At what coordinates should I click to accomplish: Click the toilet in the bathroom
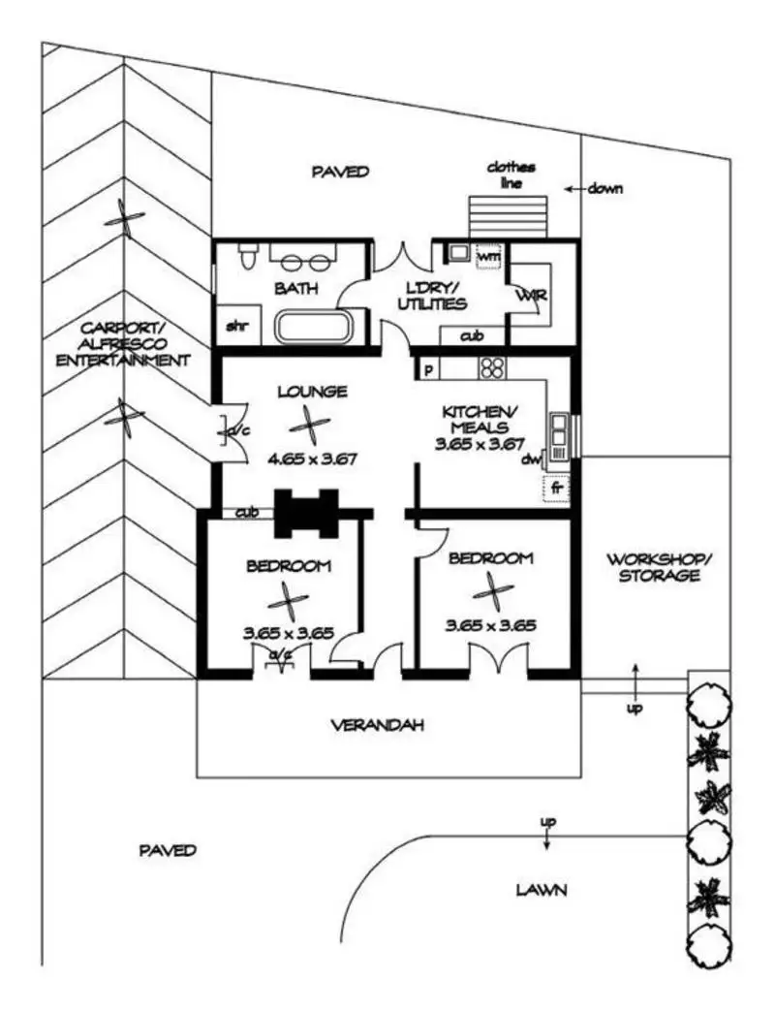[246, 256]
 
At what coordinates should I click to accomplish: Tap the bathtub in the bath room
[314, 327]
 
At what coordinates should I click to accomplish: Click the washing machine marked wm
[488, 256]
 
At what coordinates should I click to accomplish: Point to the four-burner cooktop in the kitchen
[492, 368]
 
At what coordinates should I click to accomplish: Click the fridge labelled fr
[556, 488]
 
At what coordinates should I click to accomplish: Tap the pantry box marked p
[427, 369]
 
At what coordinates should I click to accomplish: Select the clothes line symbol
[508, 217]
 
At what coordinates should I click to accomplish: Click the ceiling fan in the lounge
[309, 425]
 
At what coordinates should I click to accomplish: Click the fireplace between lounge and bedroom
[307, 513]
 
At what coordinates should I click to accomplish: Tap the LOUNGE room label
[313, 392]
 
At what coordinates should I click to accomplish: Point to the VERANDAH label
[378, 725]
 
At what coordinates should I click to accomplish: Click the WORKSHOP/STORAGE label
[660, 567]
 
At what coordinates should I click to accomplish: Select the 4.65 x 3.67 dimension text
[313, 459]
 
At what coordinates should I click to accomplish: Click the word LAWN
[542, 890]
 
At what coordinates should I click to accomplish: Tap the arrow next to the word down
[575, 189]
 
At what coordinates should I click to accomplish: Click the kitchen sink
[558, 428]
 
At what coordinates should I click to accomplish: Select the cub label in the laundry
[472, 335]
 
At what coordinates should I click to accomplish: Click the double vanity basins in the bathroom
[304, 262]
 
